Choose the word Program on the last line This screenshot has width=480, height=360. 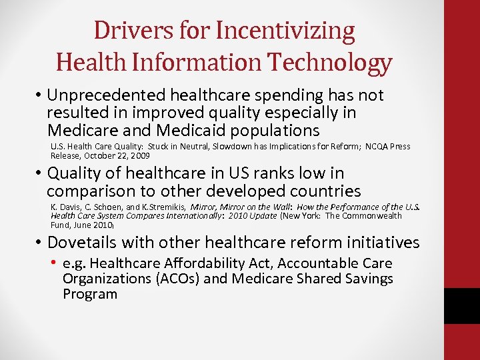pos(90,294)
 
